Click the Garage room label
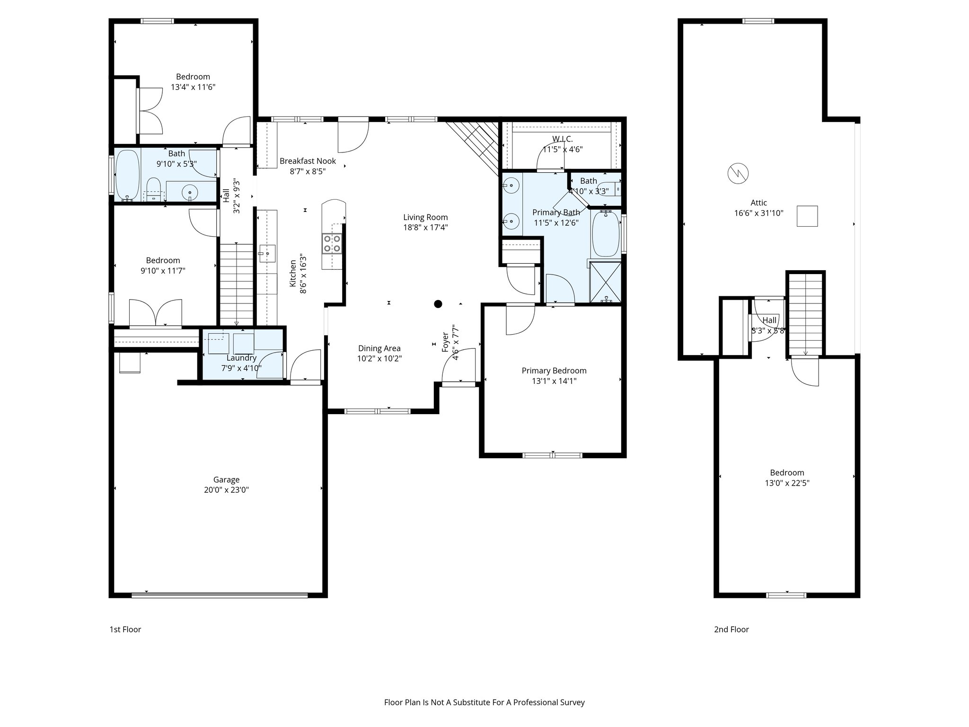226,479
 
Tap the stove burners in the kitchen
331,244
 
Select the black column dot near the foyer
438,304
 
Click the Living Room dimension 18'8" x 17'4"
425,227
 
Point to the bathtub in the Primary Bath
606,233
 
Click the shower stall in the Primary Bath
606,282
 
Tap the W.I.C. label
562,139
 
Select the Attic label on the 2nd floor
758,203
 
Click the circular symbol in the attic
738,173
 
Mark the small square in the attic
807,216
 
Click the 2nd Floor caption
731,629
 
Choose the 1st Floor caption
125,629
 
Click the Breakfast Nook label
308,161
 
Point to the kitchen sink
267,253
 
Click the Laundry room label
241,358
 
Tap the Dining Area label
379,348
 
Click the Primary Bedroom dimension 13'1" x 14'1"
554,381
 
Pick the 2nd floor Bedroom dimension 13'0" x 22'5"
787,483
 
